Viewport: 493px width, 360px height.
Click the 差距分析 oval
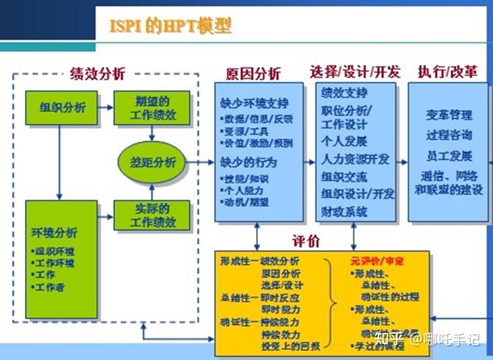[153, 162]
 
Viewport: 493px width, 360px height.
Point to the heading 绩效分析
[97, 74]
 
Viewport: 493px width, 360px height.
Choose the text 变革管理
[449, 115]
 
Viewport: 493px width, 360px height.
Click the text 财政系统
[344, 212]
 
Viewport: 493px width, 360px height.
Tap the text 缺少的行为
[249, 162]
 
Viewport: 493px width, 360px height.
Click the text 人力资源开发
[355, 160]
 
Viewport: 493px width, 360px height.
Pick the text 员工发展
[449, 156]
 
